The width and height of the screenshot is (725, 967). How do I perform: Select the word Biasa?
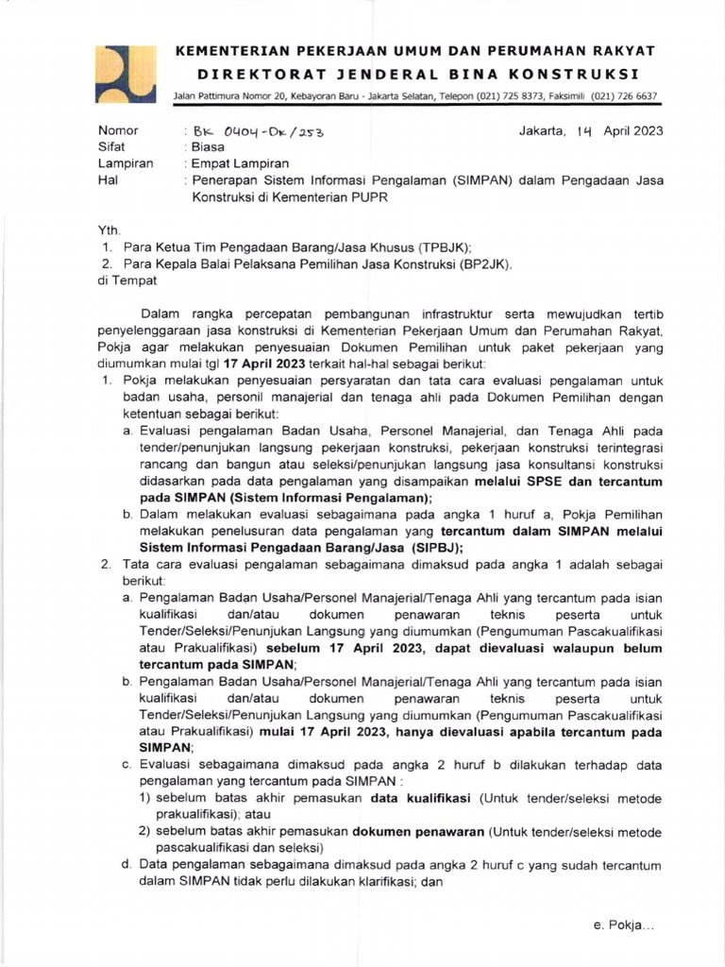[208, 147]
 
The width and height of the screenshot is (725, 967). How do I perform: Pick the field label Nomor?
[118, 131]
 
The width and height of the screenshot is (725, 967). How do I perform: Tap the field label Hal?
[108, 179]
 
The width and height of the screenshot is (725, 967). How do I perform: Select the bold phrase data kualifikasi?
[422, 798]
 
